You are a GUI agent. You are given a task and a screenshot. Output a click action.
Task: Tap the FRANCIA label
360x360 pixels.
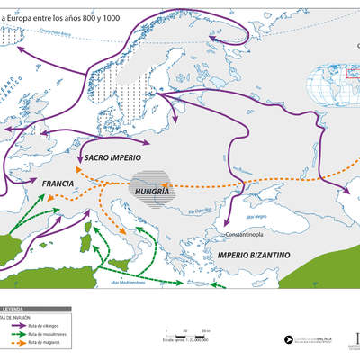point(57,183)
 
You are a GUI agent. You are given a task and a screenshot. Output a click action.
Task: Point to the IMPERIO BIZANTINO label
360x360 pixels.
point(253,256)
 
